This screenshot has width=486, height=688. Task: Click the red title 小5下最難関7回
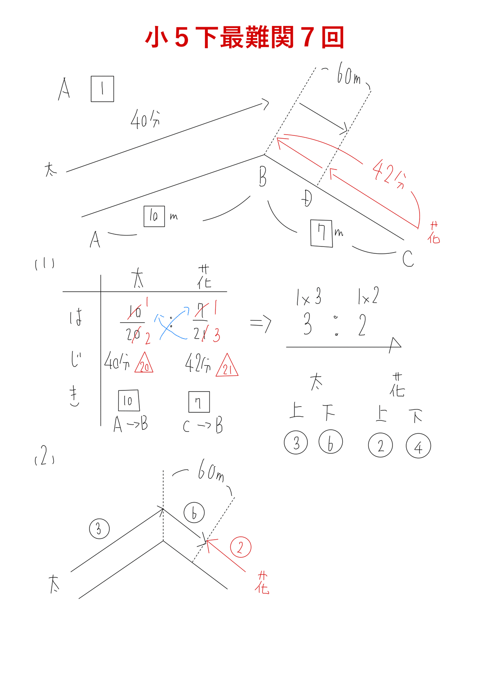click(245, 37)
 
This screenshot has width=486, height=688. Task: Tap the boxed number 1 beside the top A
click(102, 89)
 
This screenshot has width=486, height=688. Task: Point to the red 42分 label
click(389, 174)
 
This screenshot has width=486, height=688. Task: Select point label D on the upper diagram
click(307, 198)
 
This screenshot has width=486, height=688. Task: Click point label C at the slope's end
click(408, 258)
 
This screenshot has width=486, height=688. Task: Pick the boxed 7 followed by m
click(322, 233)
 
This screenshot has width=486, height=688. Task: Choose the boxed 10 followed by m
click(154, 216)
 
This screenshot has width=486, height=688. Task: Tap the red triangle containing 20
click(144, 364)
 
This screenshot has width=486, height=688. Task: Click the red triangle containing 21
click(227, 367)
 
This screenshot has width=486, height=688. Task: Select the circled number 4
click(418, 446)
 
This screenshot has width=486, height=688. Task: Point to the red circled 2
click(241, 547)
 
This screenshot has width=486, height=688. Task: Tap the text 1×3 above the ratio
click(309, 298)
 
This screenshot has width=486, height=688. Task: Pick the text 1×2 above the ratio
click(369, 297)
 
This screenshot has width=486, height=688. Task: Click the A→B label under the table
click(130, 424)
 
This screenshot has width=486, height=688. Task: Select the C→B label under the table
click(203, 426)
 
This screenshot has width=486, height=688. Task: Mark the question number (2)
click(45, 457)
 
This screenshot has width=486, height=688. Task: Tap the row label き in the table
click(75, 396)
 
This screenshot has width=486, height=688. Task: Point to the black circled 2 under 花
click(380, 446)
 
